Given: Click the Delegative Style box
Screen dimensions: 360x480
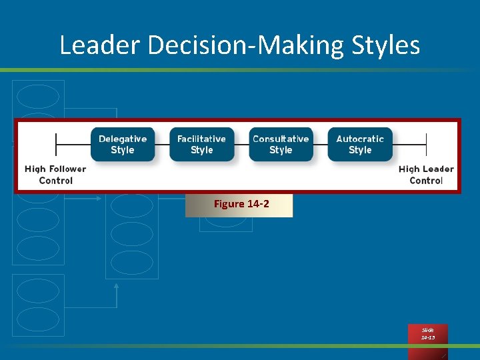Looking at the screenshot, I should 123,145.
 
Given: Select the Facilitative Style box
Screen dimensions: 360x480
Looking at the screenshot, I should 201,145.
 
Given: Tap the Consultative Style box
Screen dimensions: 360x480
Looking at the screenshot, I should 281,145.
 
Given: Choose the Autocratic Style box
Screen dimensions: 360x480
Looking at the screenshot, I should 360,145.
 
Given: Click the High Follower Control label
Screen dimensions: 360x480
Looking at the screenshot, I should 55,175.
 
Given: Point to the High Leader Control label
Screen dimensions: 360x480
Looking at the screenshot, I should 426,175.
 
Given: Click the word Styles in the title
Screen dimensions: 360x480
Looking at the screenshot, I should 389,45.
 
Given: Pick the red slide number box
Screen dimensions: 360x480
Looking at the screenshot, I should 428,334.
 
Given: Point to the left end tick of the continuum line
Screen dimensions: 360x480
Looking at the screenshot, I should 56,144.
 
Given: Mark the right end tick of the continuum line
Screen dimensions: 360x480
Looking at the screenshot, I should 426,144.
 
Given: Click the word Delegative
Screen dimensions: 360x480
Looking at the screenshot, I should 123,139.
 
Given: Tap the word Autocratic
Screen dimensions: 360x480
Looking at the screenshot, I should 360,139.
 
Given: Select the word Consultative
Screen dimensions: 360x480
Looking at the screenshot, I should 281,139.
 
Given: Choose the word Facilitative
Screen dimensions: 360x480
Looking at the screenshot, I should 201,139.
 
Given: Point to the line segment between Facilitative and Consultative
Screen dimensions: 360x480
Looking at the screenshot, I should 241,144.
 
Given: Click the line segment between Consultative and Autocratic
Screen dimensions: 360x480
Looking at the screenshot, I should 320,144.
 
